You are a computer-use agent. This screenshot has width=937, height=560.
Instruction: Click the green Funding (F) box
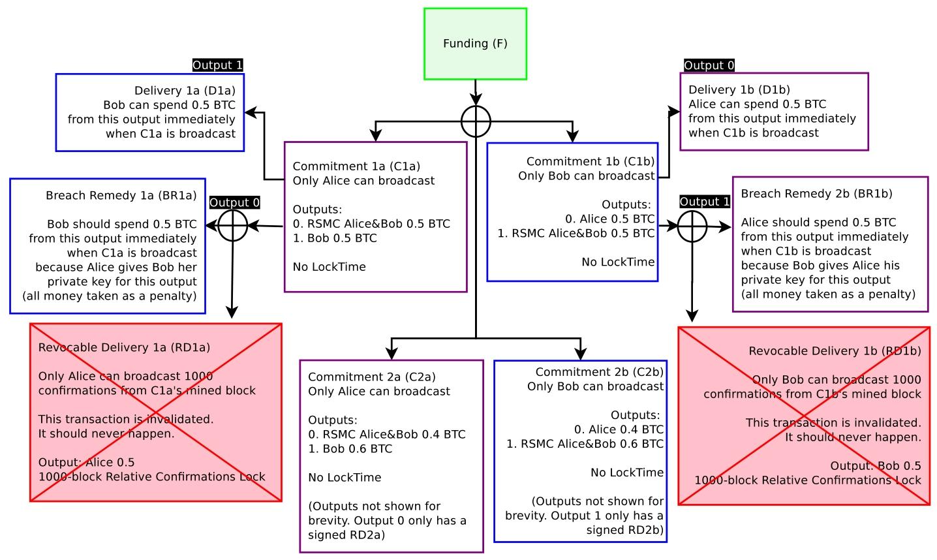coord(475,44)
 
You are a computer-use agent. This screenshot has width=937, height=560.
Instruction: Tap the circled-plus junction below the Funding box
coord(476,121)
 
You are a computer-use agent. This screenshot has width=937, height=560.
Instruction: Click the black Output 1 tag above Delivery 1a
coord(217,65)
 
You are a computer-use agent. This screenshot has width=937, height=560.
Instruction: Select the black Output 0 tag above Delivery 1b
coord(709,65)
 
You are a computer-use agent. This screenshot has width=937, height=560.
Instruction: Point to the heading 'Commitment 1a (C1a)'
coord(356,166)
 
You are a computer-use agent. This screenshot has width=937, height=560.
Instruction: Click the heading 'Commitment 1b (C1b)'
coord(590,161)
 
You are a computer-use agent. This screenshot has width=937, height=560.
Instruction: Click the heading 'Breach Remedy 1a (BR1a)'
coord(121,195)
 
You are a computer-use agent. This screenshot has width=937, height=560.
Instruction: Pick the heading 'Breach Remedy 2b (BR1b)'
coord(816,193)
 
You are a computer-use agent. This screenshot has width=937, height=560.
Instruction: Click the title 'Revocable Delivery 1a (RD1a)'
coord(124,347)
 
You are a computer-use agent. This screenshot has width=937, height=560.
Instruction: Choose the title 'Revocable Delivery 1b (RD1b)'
coord(835,350)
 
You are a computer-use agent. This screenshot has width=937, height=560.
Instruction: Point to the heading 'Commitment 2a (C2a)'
coord(371,377)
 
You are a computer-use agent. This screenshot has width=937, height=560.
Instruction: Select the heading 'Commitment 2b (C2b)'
coord(599,372)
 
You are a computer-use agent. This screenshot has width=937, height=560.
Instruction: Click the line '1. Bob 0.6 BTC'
coord(350,448)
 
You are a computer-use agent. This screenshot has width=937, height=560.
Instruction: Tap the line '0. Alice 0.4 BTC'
coord(619,429)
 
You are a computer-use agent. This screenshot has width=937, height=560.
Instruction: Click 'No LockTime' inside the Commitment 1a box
coord(329,266)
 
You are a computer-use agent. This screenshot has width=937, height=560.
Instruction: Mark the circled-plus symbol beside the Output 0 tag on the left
coord(232,226)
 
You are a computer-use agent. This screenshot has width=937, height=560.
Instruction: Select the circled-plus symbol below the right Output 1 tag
coord(692,226)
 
